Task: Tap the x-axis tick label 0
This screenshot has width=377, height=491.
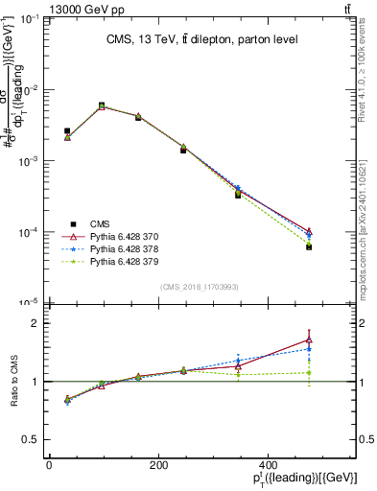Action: (x=49, y=465)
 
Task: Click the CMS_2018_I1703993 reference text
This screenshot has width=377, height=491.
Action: (x=199, y=287)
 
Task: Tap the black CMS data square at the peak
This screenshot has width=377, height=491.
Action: (x=102, y=105)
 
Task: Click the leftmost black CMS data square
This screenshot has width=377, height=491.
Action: (x=67, y=130)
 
